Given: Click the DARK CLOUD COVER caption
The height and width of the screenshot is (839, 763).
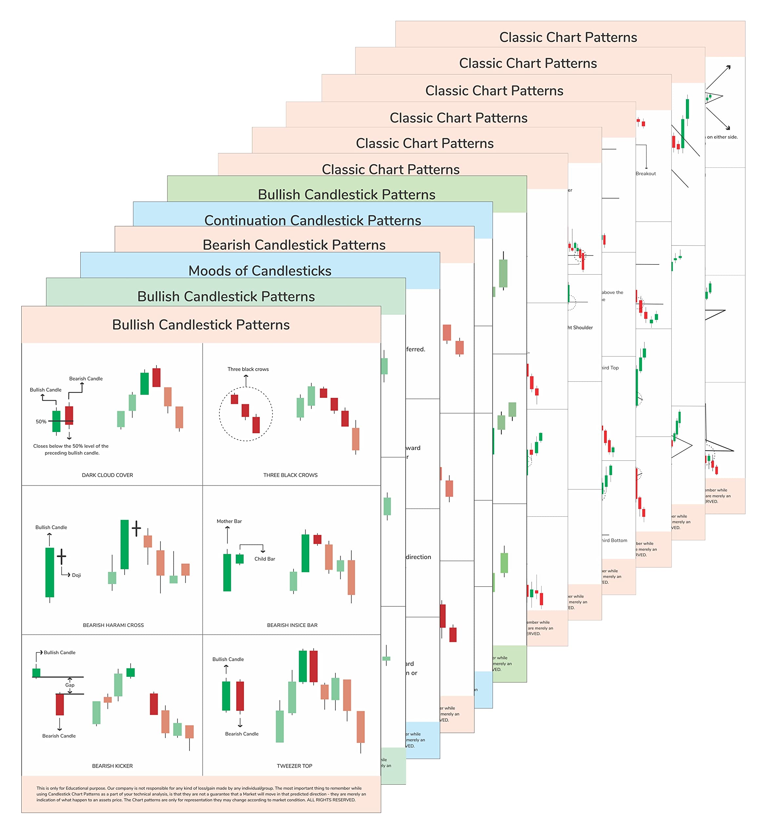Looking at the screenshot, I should pos(108,475).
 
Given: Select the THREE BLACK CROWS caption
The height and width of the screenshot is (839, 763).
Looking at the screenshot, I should pos(290,475).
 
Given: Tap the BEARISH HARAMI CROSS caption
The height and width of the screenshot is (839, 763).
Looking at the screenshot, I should pos(113,625).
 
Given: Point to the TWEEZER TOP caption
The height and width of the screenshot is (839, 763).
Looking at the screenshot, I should pos(294,766).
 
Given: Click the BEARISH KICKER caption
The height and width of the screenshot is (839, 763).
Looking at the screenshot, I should pos(112,766).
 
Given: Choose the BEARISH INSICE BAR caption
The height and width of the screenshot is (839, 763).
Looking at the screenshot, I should pos(292,625).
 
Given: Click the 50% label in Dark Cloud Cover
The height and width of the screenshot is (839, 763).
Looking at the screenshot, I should pos(41,421).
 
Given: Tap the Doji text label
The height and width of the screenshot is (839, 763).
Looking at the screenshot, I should pos(76,575).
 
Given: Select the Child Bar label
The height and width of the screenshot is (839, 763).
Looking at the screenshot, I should pos(265,559).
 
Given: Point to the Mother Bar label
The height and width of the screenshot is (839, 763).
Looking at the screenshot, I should pos(229,521).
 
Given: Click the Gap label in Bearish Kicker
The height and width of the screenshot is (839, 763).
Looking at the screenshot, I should pos(70,685).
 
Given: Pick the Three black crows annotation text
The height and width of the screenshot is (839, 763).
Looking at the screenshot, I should pos(248,369).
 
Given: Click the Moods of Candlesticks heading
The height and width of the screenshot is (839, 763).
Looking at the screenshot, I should pos(260,271).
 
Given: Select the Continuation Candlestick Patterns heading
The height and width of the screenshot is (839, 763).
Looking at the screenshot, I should pos(312,220).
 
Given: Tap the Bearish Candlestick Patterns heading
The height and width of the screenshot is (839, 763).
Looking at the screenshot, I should pos(294,245).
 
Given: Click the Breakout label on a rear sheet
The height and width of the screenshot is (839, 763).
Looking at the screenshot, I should pos(645,174).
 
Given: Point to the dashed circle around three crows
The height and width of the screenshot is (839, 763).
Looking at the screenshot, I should pos(220,414).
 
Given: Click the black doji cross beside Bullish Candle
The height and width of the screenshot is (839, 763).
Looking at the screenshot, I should pos(62,556).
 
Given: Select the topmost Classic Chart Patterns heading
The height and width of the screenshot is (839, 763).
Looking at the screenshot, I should pos(568,37).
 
